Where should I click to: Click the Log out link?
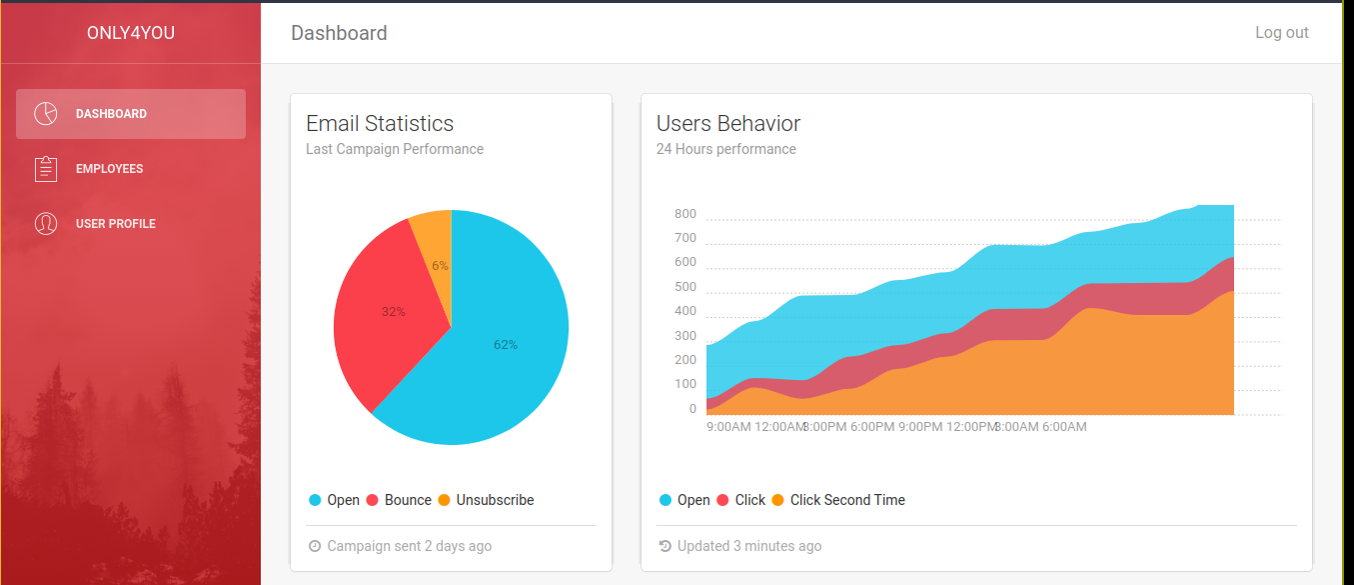pyautogui.click(x=1281, y=33)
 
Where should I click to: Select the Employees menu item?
pyautogui.click(x=109, y=169)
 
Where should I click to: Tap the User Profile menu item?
pyautogui.click(x=115, y=224)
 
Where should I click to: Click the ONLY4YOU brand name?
pyautogui.click(x=131, y=33)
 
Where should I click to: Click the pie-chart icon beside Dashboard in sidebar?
pyautogui.click(x=46, y=114)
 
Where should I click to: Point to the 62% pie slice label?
pyautogui.click(x=506, y=345)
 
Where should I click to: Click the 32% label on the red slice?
pyautogui.click(x=394, y=312)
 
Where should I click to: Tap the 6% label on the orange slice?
pyautogui.click(x=440, y=266)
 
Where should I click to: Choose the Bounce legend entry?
pyautogui.click(x=408, y=500)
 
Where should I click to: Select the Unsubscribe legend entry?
pyautogui.click(x=495, y=500)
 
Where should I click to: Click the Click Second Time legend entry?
pyautogui.click(x=847, y=500)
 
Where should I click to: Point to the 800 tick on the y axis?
pyautogui.click(x=685, y=214)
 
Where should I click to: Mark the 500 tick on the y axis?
pyautogui.click(x=685, y=287)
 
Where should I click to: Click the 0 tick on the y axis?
pyautogui.click(x=692, y=409)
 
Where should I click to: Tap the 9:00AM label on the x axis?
pyautogui.click(x=728, y=427)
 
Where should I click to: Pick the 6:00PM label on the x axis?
pyautogui.click(x=872, y=427)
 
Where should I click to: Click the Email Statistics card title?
pyautogui.click(x=380, y=124)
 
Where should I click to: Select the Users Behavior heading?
pyautogui.click(x=728, y=124)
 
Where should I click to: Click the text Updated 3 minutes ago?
pyautogui.click(x=749, y=546)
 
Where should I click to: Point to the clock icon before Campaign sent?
pyautogui.click(x=316, y=546)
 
